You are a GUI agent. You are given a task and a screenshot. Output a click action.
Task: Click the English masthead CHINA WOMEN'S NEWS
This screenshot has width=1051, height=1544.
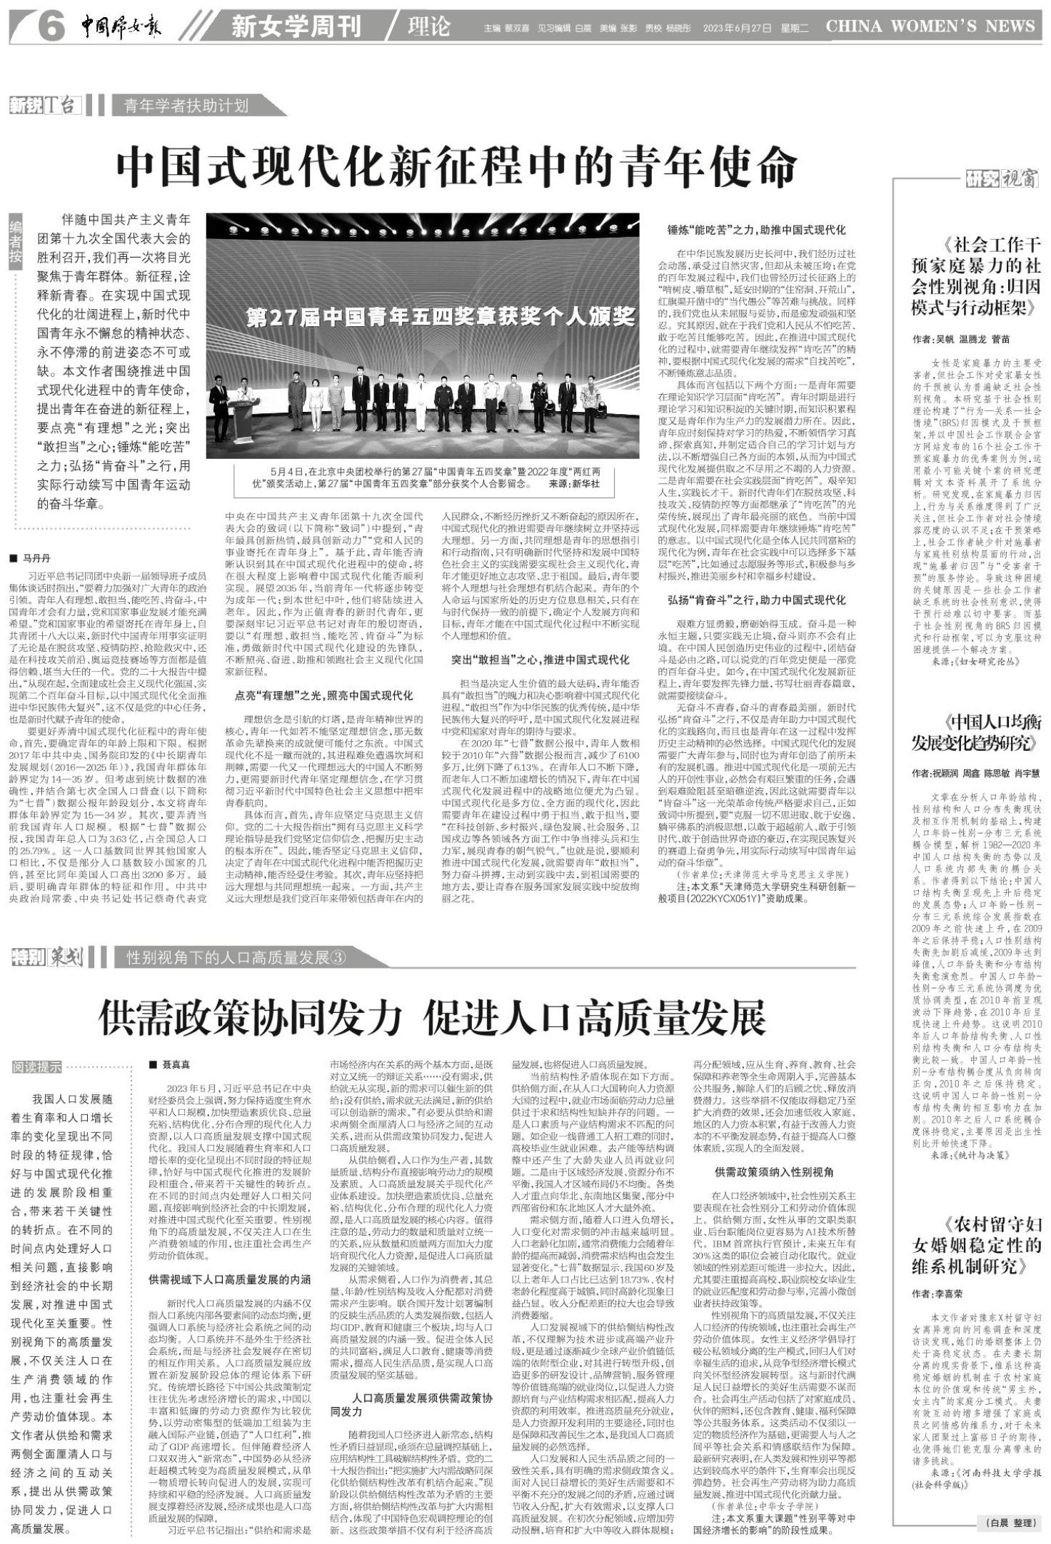click(x=930, y=26)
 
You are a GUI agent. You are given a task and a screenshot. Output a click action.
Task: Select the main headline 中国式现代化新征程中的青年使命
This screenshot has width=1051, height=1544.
click(x=457, y=168)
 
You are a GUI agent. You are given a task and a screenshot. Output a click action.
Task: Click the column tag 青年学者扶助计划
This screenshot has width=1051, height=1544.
click(x=187, y=106)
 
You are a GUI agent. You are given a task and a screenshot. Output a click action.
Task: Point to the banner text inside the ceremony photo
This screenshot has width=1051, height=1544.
click(x=441, y=316)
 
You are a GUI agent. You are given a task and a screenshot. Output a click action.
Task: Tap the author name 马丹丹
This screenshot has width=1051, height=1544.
click(x=38, y=558)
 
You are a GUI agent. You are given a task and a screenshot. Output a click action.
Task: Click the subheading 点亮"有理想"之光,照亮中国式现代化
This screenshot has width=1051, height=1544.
click(x=323, y=695)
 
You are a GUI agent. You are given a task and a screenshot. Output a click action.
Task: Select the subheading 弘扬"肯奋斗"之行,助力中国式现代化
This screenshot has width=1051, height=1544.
click(x=756, y=600)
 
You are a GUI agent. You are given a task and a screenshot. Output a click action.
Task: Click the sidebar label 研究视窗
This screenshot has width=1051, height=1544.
click(x=1001, y=178)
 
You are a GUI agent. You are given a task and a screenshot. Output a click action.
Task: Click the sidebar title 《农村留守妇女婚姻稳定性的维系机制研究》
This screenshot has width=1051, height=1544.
click(x=975, y=1245)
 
